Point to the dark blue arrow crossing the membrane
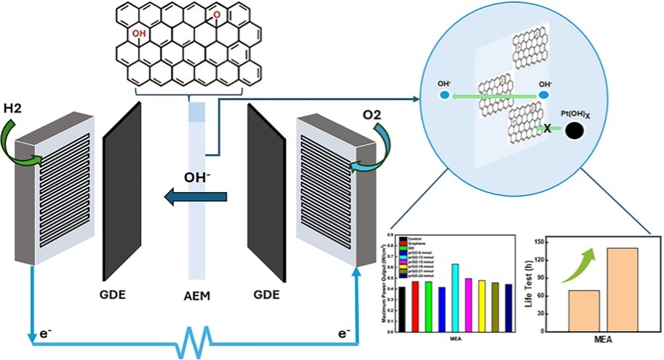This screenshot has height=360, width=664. (x=196, y=196)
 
